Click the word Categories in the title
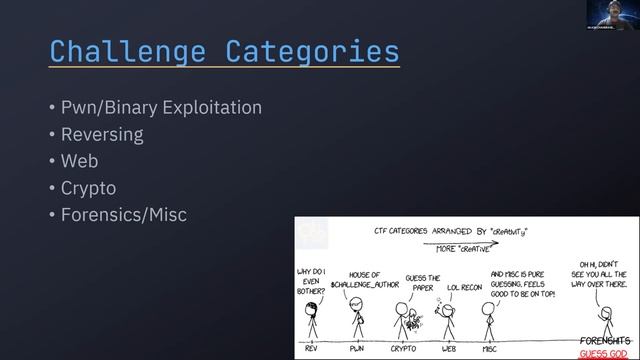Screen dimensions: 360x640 coord(312,51)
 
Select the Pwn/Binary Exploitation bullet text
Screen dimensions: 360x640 coord(160,107)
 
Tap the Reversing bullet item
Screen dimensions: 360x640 coord(101,134)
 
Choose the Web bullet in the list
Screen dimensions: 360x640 coord(80,160)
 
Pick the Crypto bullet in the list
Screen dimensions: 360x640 coord(88,187)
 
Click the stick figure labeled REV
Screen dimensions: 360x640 coord(312,321)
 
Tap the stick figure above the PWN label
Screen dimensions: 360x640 coord(357,320)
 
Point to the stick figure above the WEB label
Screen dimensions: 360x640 coord(448,321)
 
